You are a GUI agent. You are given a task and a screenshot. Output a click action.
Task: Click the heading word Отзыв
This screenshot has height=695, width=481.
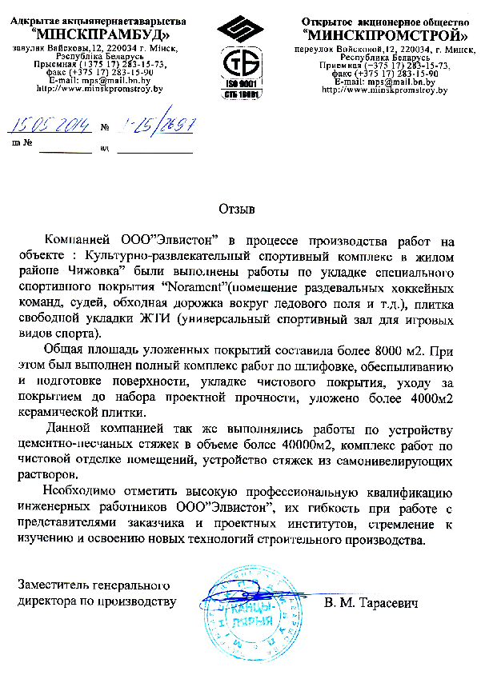pyautogui.click(x=237, y=210)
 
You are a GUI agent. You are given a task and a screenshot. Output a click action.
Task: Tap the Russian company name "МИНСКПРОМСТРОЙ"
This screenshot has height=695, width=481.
pyautogui.click(x=387, y=35)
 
